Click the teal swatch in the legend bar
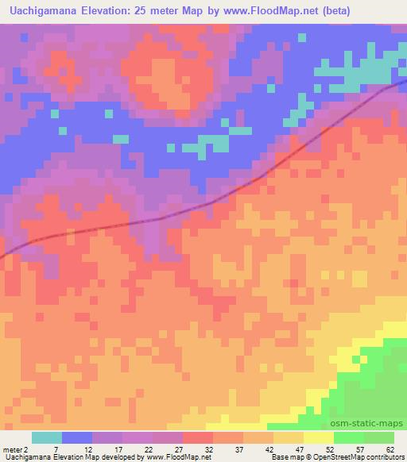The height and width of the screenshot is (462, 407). (47, 437)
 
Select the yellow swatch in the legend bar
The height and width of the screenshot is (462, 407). (319, 437)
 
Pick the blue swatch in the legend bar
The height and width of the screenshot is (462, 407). (77, 437)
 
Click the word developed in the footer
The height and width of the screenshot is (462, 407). (117, 458)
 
